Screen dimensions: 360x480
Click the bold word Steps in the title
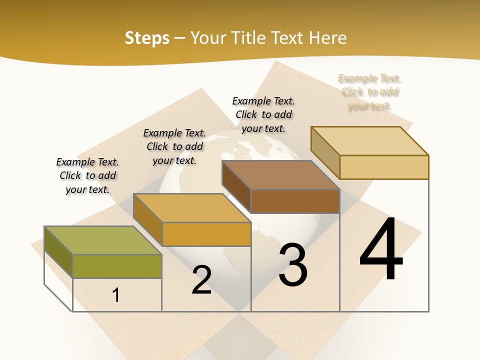147,38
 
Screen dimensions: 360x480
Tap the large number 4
381,250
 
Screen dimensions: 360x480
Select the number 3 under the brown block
293,264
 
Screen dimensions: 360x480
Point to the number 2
202,280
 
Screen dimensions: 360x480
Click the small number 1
116,295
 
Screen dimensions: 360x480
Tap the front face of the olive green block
117,266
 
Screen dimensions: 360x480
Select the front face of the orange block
206,234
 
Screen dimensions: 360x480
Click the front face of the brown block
295,201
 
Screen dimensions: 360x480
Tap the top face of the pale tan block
369,140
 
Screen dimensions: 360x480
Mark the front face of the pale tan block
384,167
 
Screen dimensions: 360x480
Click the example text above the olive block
87,175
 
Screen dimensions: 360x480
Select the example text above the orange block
174,146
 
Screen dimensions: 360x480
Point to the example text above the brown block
263,114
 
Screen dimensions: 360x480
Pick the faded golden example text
370,92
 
